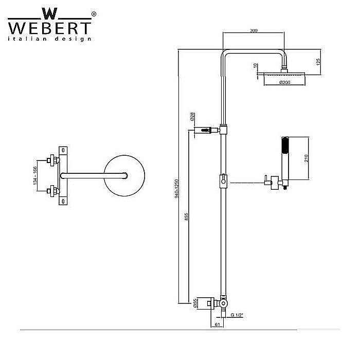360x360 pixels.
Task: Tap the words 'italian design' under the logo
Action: pos(49,39)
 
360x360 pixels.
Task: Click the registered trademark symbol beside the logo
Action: pos(93,14)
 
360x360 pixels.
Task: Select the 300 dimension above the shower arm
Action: pos(253,31)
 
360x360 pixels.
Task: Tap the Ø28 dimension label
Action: pos(191,117)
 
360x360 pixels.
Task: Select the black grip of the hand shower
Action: pos(284,147)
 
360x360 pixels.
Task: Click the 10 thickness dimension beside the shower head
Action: pos(256,66)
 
